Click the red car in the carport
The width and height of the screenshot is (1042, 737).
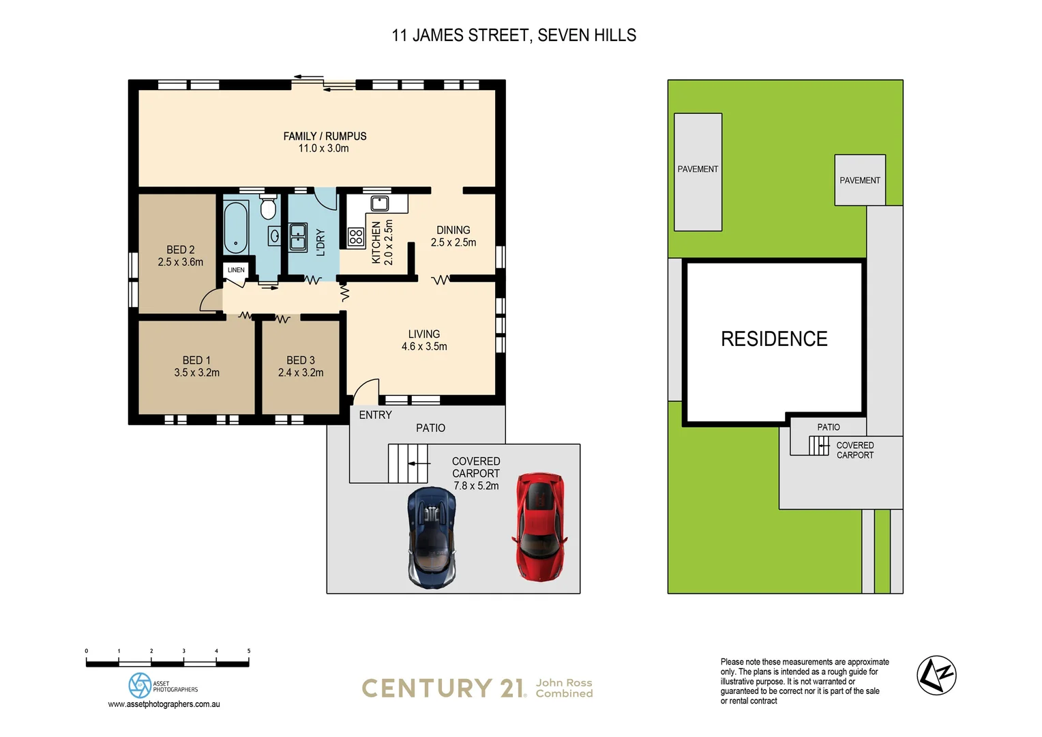point(539,526)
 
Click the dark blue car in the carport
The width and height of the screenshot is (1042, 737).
point(431,538)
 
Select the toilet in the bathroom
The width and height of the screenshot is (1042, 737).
point(268,207)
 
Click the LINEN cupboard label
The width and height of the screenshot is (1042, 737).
point(236,270)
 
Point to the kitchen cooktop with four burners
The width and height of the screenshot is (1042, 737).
point(356,237)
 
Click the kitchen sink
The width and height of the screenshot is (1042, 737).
point(380,203)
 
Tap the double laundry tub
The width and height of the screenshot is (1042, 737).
point(298,237)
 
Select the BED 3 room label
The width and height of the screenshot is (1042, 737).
point(301,360)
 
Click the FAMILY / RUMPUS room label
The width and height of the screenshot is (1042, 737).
point(325,136)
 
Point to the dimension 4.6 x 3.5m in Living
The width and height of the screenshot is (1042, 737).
point(424,347)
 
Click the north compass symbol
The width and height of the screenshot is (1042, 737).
point(936,676)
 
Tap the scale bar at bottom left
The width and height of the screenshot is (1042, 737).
point(167,663)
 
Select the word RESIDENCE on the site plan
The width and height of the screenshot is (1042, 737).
point(774,339)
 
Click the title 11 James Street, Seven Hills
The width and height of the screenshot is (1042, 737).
point(513,35)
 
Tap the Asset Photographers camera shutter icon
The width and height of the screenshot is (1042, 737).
point(140,685)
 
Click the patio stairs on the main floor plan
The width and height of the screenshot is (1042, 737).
point(408,463)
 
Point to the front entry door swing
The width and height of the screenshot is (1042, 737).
point(366,391)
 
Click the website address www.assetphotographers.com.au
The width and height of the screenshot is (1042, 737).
point(164,704)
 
